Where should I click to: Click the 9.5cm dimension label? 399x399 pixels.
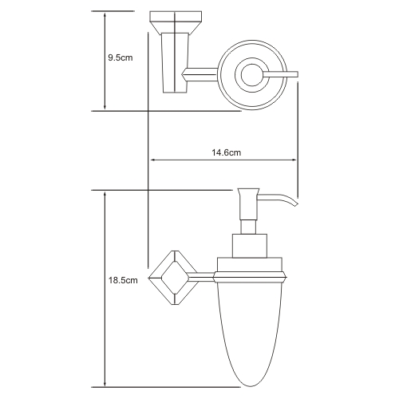coord(120,57)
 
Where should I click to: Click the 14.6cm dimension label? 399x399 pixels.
coord(227,152)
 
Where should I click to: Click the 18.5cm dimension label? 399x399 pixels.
coord(123,280)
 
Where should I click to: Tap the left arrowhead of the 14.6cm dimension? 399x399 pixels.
coord(153,160)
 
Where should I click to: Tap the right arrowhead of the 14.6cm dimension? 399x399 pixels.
coord(294,160)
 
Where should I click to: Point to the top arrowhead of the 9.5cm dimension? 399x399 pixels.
coord(105,14)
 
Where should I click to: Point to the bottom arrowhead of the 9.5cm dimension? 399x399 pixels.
coord(105,106)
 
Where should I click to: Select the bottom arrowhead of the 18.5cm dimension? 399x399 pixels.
coord(105,384)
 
